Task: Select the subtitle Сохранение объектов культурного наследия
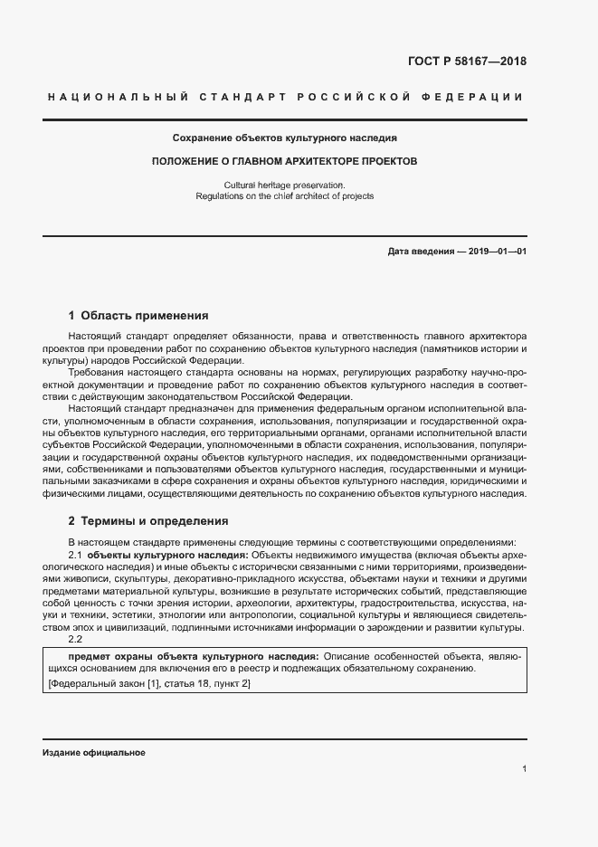[x=285, y=138]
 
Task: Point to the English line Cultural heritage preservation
[x=284, y=185]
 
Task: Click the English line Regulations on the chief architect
[x=284, y=196]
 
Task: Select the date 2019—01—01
[x=497, y=251]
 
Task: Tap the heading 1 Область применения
[x=138, y=316]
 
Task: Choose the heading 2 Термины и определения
[x=148, y=522]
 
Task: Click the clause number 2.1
[x=76, y=554]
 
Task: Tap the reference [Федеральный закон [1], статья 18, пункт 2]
[x=148, y=683]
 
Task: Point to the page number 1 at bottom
[x=524, y=769]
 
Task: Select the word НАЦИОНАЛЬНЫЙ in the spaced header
[x=117, y=97]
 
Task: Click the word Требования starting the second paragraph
[x=100, y=373]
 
